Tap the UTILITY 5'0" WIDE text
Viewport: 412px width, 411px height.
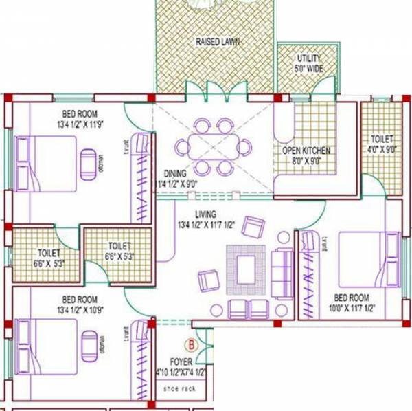pyautogui.click(x=308, y=63)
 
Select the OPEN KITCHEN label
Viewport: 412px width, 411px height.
pyautogui.click(x=306, y=155)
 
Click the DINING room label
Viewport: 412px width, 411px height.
pyautogui.click(x=176, y=179)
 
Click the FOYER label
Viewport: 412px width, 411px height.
pyautogui.click(x=181, y=362)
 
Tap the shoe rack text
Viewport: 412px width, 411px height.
pyautogui.click(x=181, y=388)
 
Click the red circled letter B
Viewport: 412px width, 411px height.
pyautogui.click(x=192, y=344)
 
